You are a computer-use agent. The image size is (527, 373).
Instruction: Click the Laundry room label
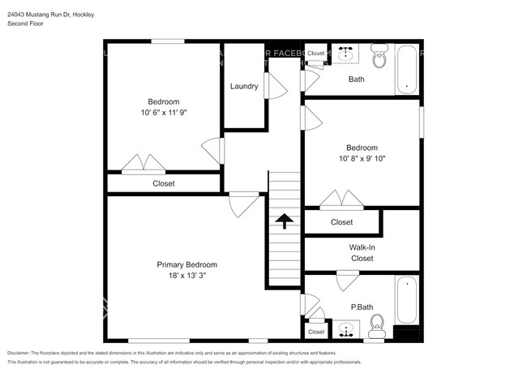pos(244,87)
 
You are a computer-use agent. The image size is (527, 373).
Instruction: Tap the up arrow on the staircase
pos(284,221)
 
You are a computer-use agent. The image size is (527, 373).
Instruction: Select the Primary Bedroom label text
pos(187,265)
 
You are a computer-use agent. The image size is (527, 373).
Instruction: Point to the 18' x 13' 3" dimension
pos(187,277)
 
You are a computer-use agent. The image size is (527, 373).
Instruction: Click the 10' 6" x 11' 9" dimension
pos(163,114)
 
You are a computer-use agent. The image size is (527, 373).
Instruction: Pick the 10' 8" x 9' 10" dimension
pos(362,159)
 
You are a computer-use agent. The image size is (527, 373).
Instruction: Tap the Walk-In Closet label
pos(362,253)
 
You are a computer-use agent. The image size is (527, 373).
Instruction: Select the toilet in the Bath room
pos(379,58)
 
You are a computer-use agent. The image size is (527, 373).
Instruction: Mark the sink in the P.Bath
pos(347,330)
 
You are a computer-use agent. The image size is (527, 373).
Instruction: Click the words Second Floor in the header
pos(27,24)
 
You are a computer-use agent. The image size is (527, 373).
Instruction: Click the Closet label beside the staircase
pos(341,222)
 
